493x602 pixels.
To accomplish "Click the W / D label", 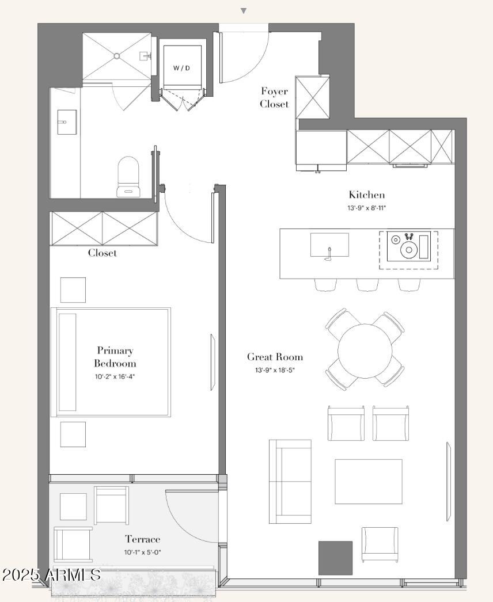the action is (181, 68).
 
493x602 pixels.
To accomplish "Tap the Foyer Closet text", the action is (274, 97).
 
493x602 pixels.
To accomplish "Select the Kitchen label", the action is (366, 195).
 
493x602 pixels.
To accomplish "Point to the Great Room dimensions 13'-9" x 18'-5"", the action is (275, 371).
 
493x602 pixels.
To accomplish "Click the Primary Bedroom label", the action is (115, 357).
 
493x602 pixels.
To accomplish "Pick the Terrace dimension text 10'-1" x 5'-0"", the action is (142, 553).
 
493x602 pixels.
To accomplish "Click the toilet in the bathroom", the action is (128, 177).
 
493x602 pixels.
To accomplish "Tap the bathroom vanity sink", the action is (67, 122).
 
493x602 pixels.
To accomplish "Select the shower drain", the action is (117, 56).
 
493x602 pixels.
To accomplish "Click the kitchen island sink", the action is (329, 245).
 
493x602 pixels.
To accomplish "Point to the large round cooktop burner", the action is (409, 250).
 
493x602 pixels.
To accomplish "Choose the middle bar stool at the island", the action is (367, 284).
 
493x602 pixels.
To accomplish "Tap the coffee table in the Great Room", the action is (369, 482).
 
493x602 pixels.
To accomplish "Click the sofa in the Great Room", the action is (290, 482).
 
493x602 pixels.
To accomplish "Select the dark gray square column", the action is (335, 558).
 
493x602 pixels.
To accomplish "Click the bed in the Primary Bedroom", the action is (111, 362).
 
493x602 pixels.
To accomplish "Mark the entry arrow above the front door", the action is (243, 11).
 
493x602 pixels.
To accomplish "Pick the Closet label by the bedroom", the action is (102, 253).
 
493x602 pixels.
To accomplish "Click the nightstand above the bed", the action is (73, 290).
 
